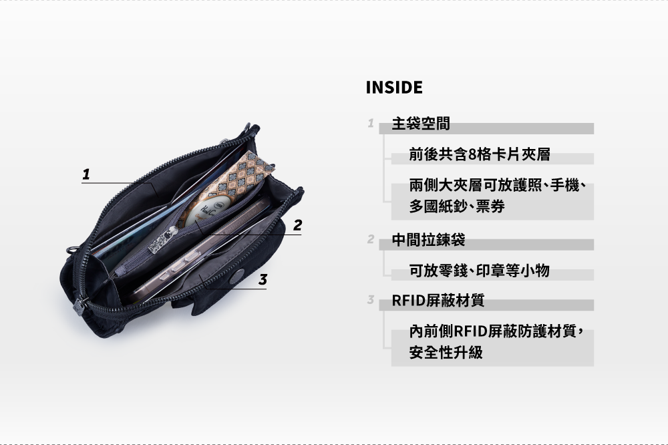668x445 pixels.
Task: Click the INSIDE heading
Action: [x=394, y=88]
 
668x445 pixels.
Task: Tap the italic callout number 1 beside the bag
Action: [x=86, y=174]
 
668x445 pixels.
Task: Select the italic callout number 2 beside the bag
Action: [x=297, y=226]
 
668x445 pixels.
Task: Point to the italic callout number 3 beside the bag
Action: [x=263, y=280]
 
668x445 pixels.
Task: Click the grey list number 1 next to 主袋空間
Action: [x=369, y=124]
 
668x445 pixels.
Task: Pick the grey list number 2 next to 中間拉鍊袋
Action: [x=369, y=239]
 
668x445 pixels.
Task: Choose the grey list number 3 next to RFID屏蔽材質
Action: [x=369, y=300]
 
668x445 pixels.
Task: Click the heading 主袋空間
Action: [x=421, y=124]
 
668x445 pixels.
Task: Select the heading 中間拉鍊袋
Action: [x=428, y=240]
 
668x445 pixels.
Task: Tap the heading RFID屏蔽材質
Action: [x=438, y=301]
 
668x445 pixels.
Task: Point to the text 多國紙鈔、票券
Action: [x=457, y=207]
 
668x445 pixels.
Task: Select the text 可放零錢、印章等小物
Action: [x=480, y=271]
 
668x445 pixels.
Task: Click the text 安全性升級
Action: [x=446, y=352]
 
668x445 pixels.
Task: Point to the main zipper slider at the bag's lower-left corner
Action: [x=79, y=308]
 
